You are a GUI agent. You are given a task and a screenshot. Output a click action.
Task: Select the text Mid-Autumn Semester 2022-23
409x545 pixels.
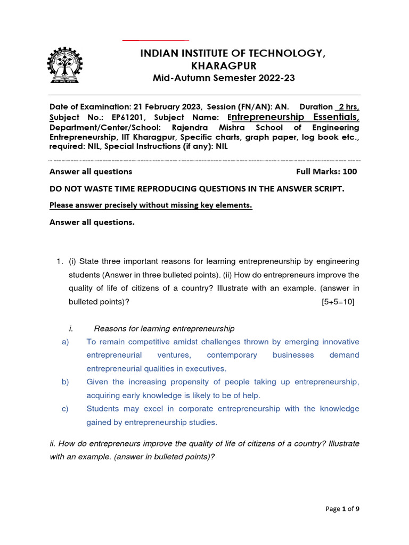click(224, 78)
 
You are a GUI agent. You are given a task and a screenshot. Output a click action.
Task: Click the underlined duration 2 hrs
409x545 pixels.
click(347, 106)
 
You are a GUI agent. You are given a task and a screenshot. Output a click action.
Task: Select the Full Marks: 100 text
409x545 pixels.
click(326, 171)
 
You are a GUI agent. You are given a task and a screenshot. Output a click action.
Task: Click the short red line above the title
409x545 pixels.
click(156, 40)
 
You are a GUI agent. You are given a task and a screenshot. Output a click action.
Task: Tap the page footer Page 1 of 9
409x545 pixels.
click(342, 509)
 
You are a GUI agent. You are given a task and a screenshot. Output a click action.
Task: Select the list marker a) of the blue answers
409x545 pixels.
click(66, 342)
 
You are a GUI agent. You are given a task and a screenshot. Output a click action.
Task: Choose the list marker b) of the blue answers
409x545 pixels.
click(66, 382)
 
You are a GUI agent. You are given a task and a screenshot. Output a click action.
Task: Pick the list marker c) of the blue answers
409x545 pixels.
click(66, 409)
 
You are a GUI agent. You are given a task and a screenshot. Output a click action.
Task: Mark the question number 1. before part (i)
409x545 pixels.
click(60, 261)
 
